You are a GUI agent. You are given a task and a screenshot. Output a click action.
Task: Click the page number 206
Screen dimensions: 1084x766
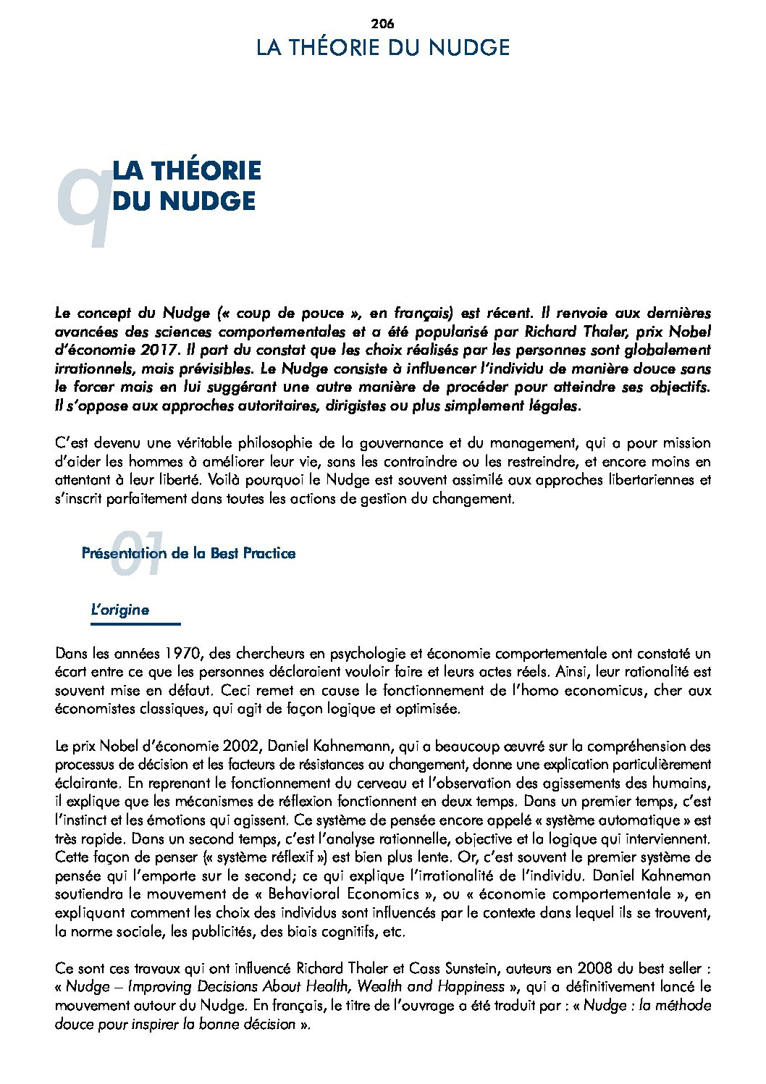point(382,23)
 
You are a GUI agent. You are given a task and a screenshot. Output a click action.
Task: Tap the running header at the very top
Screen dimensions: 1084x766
point(383,48)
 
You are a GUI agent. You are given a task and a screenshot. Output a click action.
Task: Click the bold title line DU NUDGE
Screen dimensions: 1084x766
point(185,201)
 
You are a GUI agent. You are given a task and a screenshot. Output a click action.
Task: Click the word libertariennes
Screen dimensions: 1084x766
point(647,480)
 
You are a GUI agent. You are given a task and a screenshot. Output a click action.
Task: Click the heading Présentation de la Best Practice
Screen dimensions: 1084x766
point(189,554)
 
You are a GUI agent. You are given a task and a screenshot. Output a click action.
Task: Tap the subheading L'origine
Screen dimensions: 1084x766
point(119,610)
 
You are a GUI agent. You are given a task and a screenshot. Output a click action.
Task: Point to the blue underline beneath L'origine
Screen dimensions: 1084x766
point(135,623)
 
